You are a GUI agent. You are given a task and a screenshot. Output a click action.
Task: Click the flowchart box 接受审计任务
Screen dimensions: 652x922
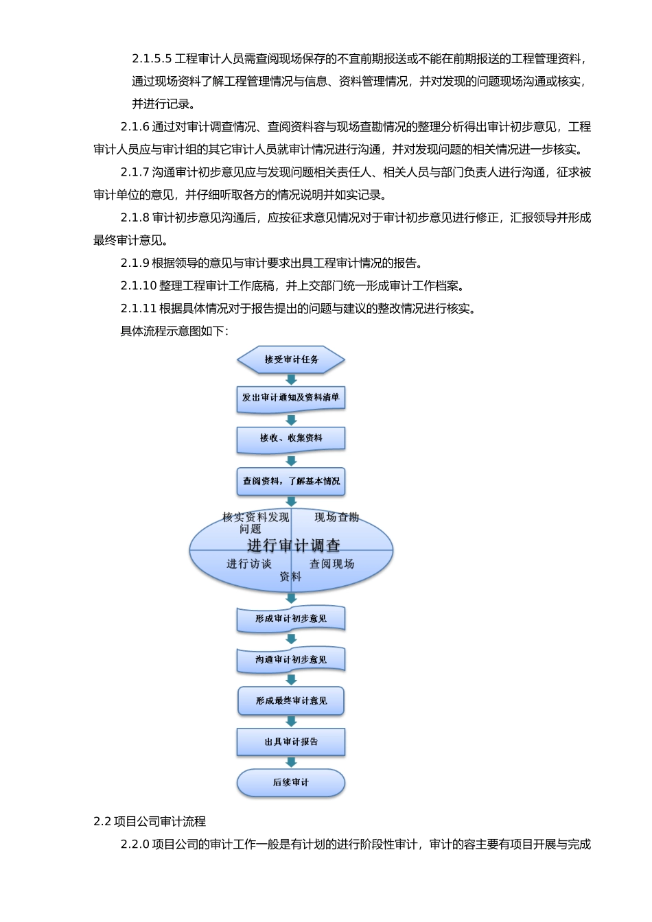point(291,359)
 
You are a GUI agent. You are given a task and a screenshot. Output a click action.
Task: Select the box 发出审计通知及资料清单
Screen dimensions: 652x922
point(291,398)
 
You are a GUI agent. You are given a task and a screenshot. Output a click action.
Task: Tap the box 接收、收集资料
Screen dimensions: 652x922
point(291,438)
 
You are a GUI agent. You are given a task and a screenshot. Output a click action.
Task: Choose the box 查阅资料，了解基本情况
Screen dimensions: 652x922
point(291,481)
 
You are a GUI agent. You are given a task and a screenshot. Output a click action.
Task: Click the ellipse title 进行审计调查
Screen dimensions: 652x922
point(294,546)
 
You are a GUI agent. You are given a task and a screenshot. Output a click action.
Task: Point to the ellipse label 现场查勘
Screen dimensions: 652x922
point(336,517)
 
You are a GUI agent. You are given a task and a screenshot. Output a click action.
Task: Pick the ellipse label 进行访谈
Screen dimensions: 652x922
point(249,564)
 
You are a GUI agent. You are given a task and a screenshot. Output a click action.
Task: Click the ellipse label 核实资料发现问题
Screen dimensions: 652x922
point(255,523)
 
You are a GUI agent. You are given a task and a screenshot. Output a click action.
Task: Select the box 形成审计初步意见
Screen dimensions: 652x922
point(291,619)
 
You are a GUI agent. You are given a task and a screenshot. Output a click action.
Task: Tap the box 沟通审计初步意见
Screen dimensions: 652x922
point(291,660)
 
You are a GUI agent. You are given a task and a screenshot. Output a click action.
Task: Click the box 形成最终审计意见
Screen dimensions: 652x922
point(291,701)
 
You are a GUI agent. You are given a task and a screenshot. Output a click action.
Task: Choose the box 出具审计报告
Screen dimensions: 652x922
point(291,742)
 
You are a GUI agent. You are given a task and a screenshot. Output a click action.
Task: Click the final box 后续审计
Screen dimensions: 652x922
point(291,783)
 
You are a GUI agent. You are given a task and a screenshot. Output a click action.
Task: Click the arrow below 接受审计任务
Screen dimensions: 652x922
point(291,379)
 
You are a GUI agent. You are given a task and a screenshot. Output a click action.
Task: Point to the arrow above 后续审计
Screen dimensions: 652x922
point(291,762)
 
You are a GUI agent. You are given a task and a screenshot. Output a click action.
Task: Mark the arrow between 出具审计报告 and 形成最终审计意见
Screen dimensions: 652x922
point(291,721)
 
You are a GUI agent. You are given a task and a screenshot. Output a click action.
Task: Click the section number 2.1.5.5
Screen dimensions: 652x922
point(152,59)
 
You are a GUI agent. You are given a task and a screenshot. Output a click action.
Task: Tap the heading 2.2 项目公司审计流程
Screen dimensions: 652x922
point(150,821)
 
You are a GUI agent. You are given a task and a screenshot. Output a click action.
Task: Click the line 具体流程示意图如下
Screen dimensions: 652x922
point(174,331)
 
